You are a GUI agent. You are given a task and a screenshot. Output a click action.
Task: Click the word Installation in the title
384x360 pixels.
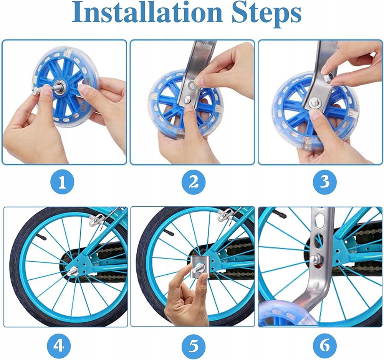pos(147,13)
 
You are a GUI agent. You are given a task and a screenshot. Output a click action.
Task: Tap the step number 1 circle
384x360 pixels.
pos(62,182)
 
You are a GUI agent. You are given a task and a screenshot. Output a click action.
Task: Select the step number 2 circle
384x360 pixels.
pos(194,182)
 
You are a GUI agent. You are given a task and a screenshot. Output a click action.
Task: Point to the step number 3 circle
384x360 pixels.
pos(325,182)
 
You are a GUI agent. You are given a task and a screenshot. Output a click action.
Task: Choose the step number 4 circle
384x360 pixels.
pos(59,346)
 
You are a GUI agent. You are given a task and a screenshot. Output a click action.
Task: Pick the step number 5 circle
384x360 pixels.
pos(194,347)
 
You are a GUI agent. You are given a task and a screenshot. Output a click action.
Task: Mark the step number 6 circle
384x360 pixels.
pos(324,346)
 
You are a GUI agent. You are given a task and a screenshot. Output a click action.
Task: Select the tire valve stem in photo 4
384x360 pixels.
pos(41,236)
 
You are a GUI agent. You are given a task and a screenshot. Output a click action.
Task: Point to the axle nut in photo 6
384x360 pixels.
pos(316,259)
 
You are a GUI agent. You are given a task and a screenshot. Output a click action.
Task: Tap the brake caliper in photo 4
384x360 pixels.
pos(98,219)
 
